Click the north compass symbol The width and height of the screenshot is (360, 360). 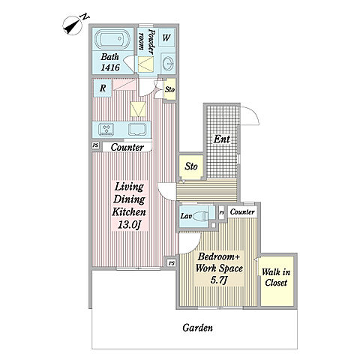click(x=74, y=25)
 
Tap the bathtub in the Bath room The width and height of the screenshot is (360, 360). click(x=112, y=39)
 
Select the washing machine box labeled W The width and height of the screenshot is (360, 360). click(x=166, y=37)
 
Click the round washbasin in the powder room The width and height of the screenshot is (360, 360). click(x=167, y=64)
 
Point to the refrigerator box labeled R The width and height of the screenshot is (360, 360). click(x=103, y=88)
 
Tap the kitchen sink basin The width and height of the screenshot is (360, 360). click(x=138, y=130)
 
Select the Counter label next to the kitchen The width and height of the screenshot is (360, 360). click(x=127, y=147)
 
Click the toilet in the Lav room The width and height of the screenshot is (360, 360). click(x=200, y=215)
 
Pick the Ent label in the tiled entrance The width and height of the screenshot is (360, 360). click(x=221, y=139)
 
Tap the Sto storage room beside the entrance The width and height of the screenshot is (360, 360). click(x=191, y=166)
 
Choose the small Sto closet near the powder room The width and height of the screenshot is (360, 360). click(x=169, y=89)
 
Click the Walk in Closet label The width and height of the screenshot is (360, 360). click(x=276, y=277)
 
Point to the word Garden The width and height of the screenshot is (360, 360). click(x=197, y=328)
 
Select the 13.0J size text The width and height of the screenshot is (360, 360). click(x=129, y=225)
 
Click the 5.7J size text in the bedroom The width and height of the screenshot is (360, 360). click(x=219, y=280)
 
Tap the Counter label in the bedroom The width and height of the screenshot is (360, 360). click(x=242, y=211)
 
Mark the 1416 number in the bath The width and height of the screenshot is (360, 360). click(x=110, y=67)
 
